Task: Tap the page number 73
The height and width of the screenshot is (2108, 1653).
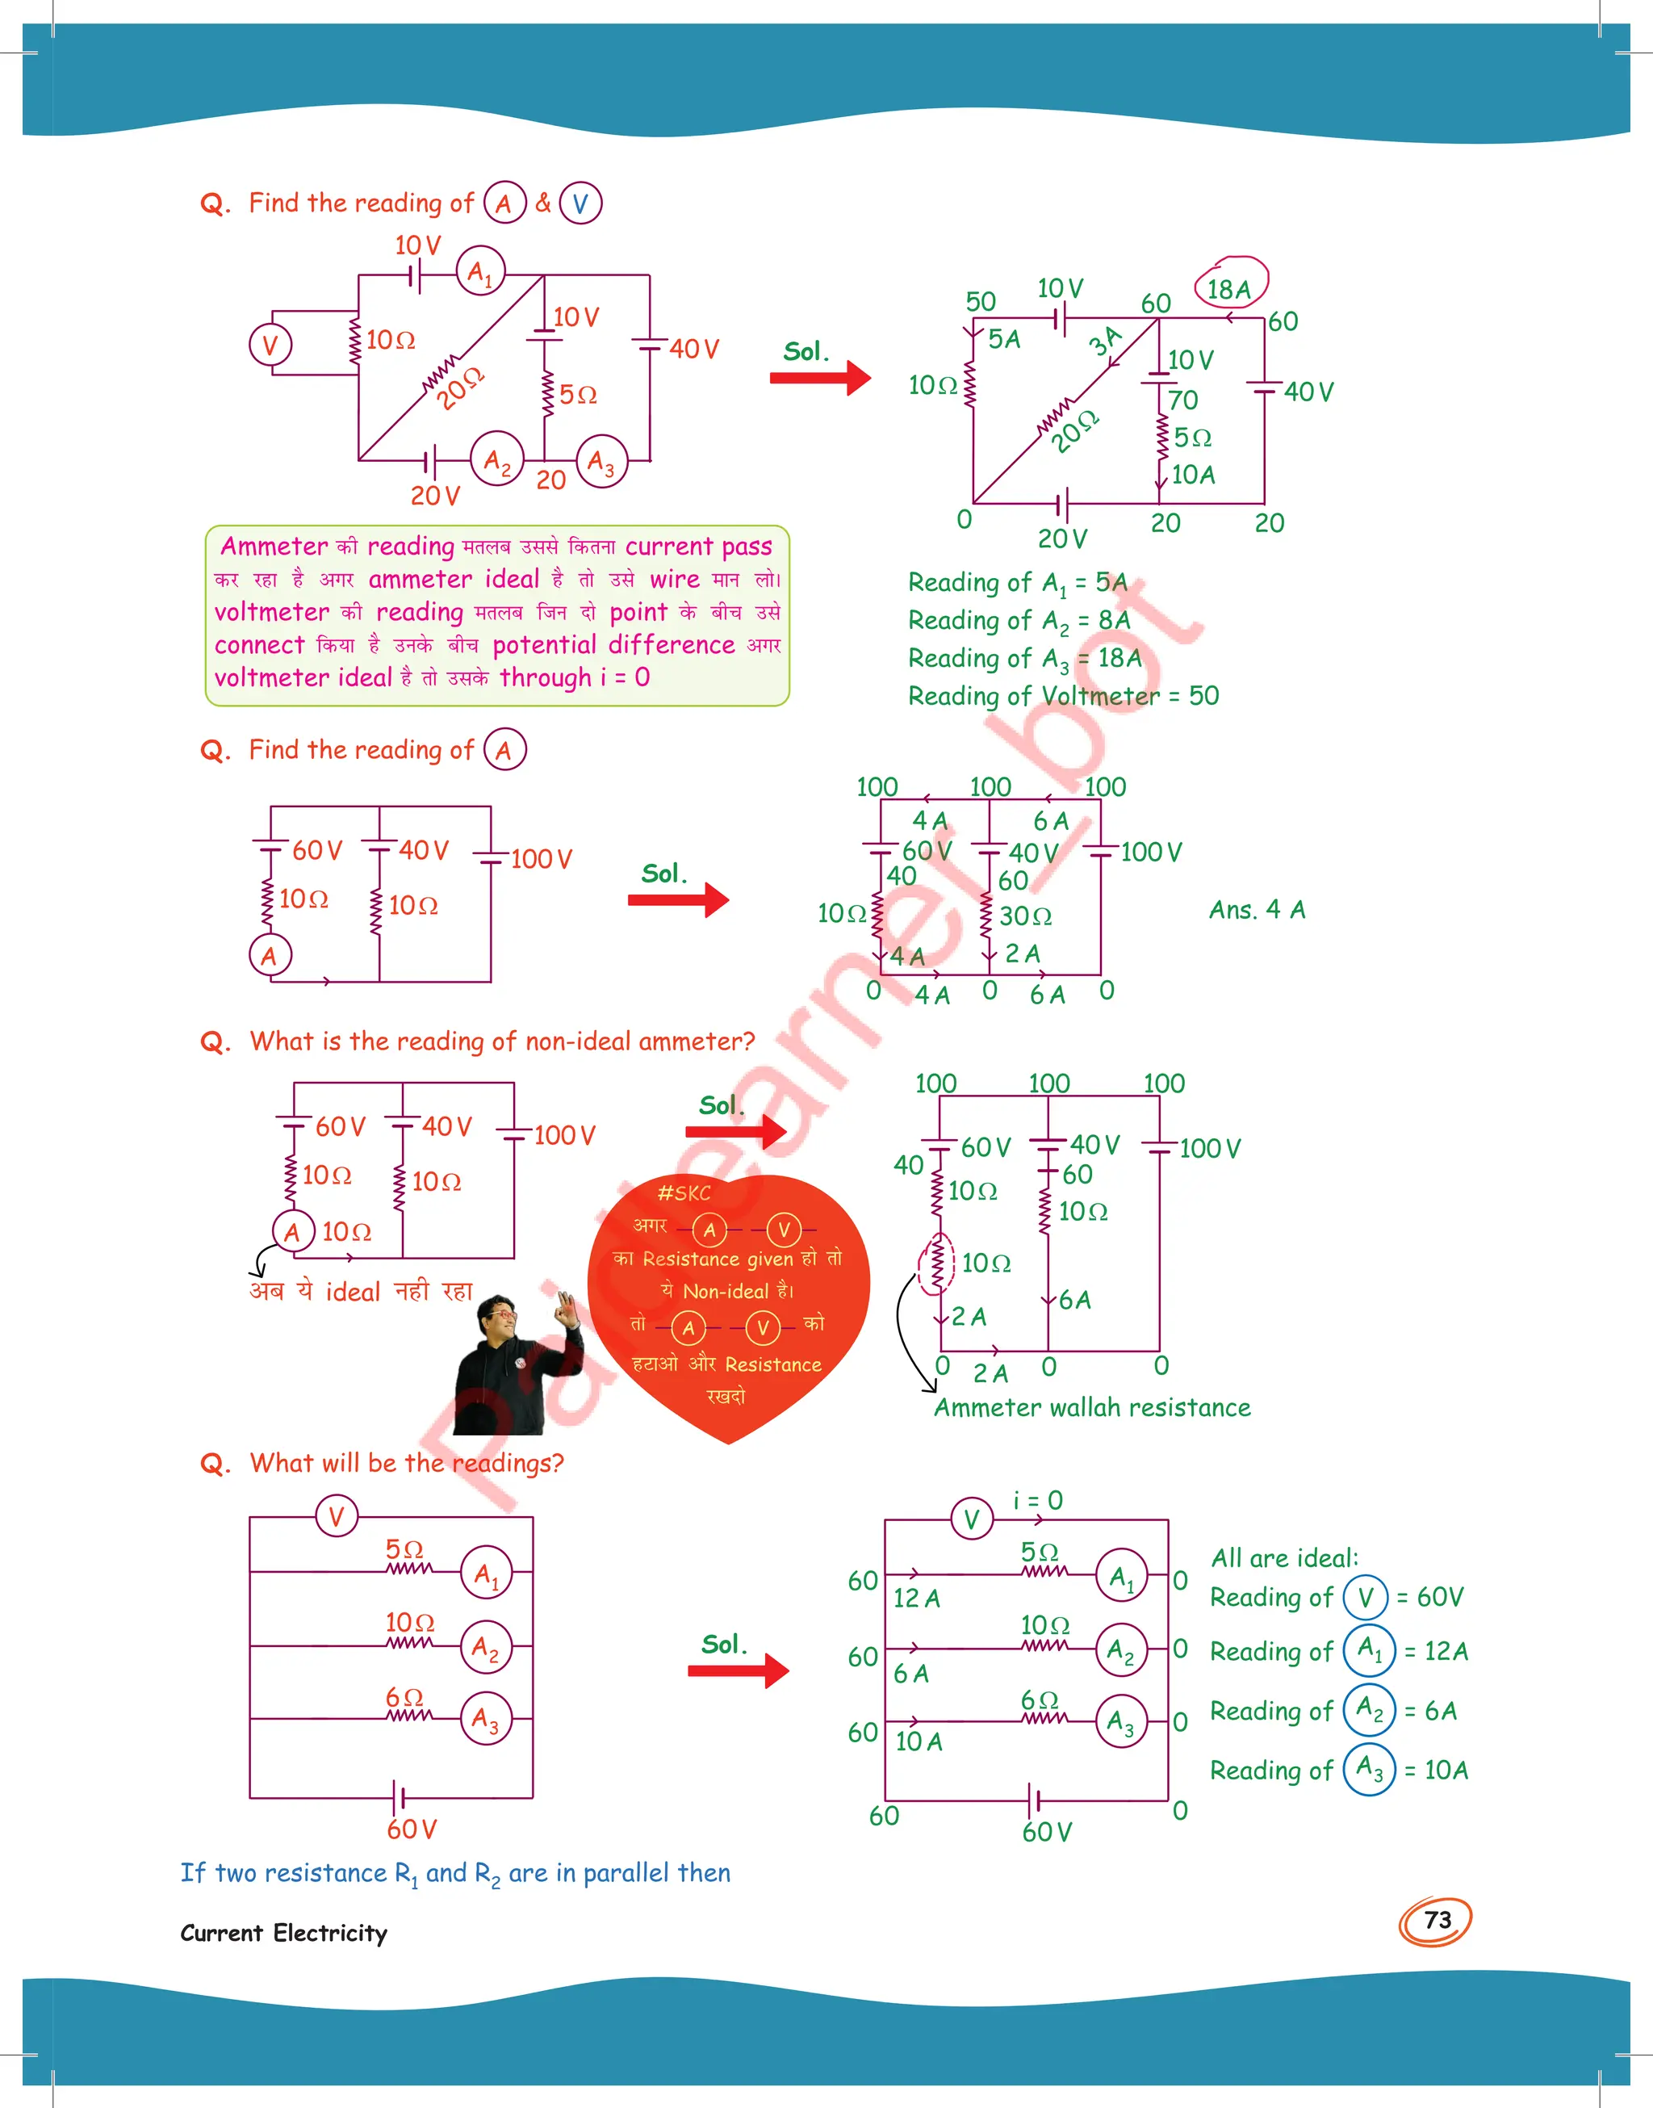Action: pos(1437,1919)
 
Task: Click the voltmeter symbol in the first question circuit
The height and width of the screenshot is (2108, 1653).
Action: pos(270,345)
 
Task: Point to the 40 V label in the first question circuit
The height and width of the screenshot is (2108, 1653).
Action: pos(694,350)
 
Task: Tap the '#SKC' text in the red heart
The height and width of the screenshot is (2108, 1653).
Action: pos(684,1193)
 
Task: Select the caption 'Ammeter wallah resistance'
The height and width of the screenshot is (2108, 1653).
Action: pos(1092,1407)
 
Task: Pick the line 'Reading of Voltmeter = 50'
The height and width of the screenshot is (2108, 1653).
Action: pos(1063,696)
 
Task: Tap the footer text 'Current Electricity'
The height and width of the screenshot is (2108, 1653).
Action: pos(283,1933)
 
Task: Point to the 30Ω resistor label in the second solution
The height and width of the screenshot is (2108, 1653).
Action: pos(1025,916)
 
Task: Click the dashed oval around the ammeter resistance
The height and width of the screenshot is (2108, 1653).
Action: pos(935,1263)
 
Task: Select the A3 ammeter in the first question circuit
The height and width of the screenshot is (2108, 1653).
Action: pos(601,463)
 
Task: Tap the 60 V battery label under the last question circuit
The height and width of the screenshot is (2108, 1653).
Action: pos(412,1829)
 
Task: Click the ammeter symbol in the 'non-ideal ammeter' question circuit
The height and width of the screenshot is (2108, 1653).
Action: pos(292,1232)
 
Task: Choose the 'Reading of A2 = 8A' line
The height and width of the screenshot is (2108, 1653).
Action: pos(1018,620)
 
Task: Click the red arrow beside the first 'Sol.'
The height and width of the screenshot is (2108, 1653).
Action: pos(821,378)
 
